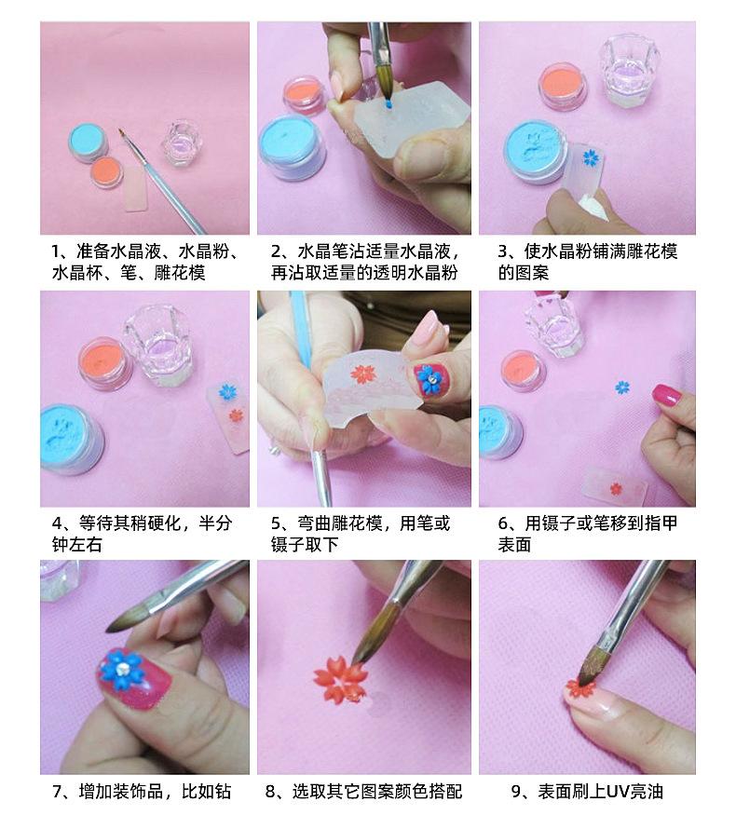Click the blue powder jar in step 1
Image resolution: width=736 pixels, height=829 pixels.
click(88, 142)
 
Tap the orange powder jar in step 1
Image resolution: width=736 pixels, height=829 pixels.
click(107, 172)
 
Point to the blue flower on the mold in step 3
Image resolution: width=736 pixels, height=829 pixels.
click(590, 157)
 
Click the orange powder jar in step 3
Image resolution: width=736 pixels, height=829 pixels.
click(564, 87)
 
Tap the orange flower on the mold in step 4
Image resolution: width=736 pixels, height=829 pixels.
click(236, 415)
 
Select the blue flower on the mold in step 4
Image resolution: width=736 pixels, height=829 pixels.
click(227, 392)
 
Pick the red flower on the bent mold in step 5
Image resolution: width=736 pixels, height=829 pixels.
click(363, 374)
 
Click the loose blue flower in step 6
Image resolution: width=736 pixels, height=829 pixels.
click(622, 387)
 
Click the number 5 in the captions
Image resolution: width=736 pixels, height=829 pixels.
click(276, 523)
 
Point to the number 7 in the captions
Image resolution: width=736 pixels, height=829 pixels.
click(58, 792)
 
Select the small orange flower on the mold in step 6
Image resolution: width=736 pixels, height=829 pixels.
click(615, 488)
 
